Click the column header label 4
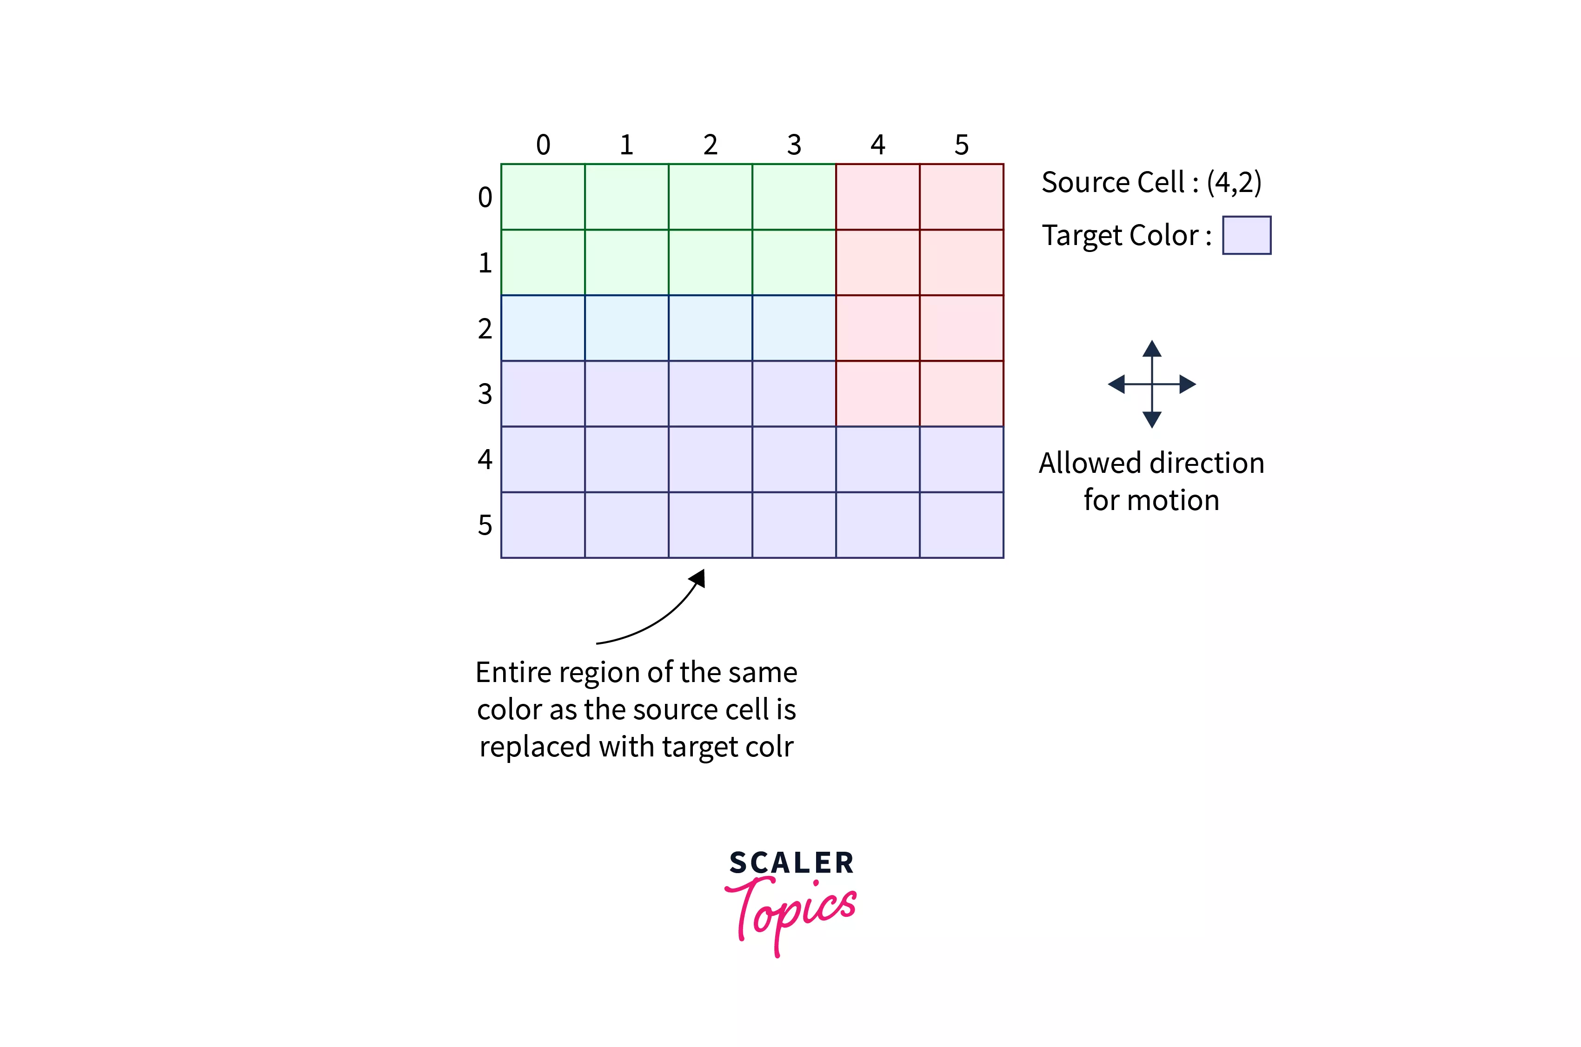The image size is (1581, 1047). tap(877, 145)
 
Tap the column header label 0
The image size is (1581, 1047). tap(543, 145)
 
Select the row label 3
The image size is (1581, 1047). tap(485, 394)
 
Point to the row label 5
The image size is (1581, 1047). tap(485, 525)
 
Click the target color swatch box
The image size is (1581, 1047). tap(1246, 235)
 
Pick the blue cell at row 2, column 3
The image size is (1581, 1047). tap(794, 328)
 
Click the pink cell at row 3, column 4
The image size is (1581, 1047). tap(877, 394)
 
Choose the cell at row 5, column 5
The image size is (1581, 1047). tap(962, 525)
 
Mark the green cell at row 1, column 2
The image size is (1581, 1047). tap(711, 262)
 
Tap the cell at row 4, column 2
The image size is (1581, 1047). tap(711, 459)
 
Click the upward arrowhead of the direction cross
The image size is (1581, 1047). tap(1152, 349)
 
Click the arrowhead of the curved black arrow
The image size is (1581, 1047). tap(697, 578)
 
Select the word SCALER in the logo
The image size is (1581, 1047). tap(791, 863)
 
